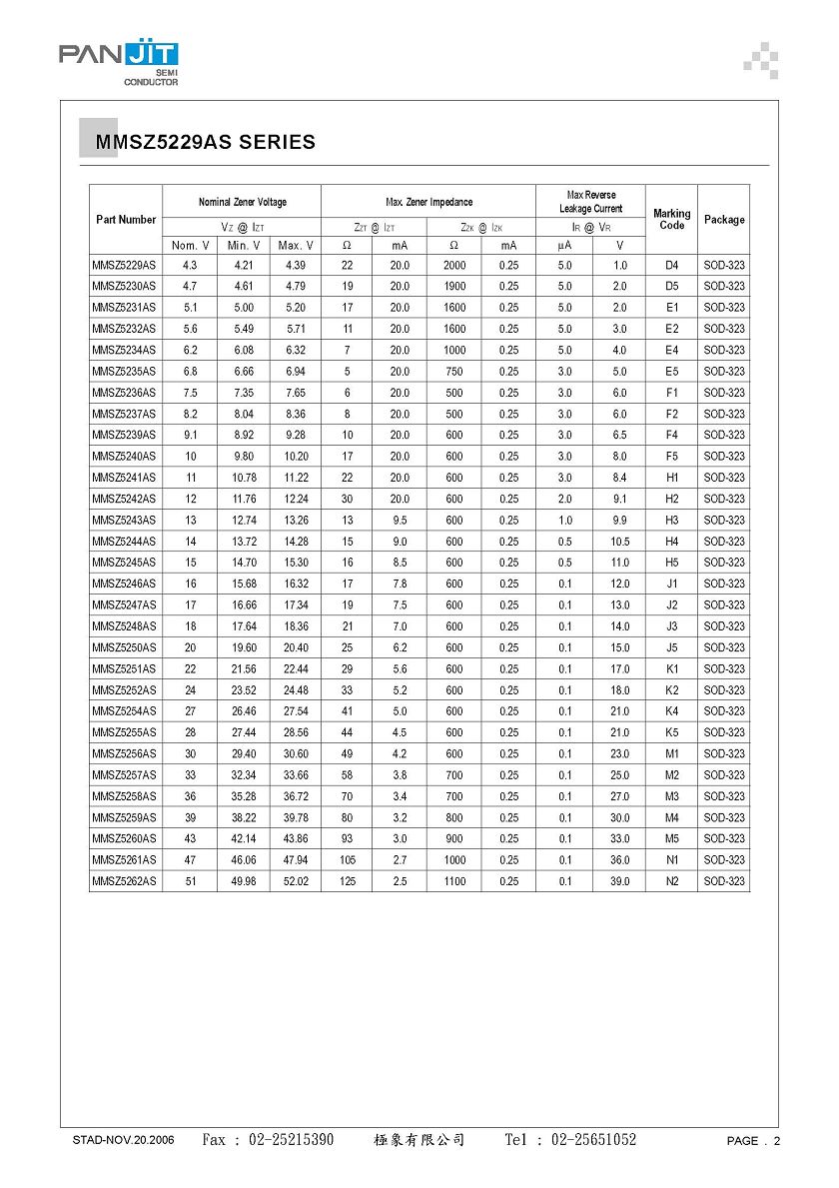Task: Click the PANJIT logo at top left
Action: (118, 62)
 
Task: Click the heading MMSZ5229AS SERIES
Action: (206, 143)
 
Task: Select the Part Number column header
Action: (126, 220)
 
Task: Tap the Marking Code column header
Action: (671, 220)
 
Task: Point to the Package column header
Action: (724, 220)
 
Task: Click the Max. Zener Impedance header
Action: (428, 202)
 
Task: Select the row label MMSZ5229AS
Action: (124, 266)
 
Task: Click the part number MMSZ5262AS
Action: (124, 881)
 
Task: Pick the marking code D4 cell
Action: (671, 266)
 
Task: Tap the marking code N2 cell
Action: (671, 881)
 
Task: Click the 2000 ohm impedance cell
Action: (454, 266)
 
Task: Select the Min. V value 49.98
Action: (244, 881)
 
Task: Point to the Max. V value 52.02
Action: (296, 881)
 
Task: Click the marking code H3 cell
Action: (671, 521)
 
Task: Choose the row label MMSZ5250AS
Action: (124, 647)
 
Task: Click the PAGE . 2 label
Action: (753, 1141)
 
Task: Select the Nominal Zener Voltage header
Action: (242, 202)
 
